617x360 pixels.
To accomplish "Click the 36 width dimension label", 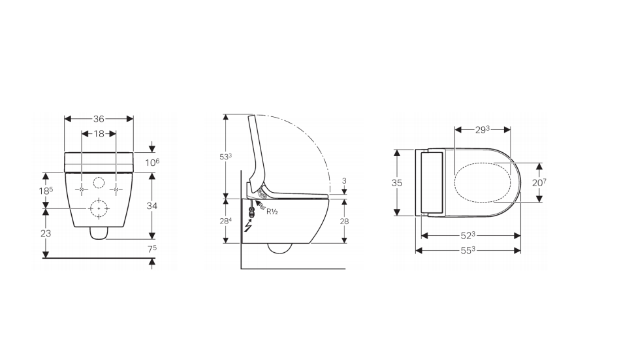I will coord(99,119).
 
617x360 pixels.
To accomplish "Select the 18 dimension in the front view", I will coord(99,133).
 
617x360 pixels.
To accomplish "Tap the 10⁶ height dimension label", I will coord(153,162).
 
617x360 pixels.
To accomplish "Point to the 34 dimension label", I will coord(152,206).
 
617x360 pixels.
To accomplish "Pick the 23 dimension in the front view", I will coord(46,233).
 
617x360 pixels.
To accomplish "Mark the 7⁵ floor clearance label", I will coord(153,249).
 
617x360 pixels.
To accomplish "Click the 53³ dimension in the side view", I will coord(226,156).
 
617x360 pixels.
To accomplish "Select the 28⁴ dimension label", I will coord(226,221).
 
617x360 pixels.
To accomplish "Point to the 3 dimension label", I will coord(344,180).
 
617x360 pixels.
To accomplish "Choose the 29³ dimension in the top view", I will coord(483,130).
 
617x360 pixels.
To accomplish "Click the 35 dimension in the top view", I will coord(397,183).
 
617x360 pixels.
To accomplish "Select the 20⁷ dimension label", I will coord(539,183).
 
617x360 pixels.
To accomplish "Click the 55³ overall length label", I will coord(468,250).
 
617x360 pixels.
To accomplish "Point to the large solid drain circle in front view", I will coord(99,208).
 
